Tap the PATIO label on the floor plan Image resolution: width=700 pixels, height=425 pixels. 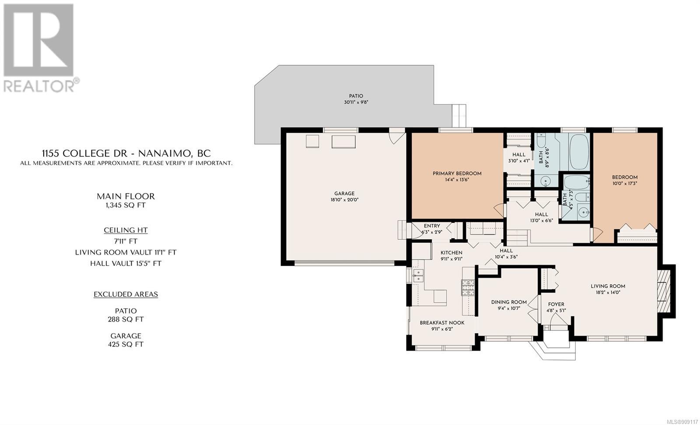click(x=356, y=96)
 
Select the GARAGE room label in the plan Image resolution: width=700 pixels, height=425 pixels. click(x=344, y=194)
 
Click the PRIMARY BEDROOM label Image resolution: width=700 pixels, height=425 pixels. click(x=457, y=174)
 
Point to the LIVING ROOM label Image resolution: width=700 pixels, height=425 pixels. click(x=608, y=286)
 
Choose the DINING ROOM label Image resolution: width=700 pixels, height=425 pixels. click(x=509, y=302)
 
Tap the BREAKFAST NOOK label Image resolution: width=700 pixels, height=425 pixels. click(x=442, y=323)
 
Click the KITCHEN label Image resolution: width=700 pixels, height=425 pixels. click(x=451, y=253)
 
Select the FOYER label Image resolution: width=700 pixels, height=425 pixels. click(x=556, y=304)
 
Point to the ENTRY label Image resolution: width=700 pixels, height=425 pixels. click(x=432, y=226)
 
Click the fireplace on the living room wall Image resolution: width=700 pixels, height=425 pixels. click(x=664, y=291)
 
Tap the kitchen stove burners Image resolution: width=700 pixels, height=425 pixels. click(x=468, y=287)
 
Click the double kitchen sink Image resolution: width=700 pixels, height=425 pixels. click(x=418, y=276)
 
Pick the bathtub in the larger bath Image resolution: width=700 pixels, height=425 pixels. click(x=579, y=152)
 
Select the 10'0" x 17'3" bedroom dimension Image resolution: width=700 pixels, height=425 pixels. click(x=625, y=184)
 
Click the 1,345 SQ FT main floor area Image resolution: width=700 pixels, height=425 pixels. click(x=126, y=205)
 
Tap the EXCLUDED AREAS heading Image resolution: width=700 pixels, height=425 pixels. click(x=126, y=294)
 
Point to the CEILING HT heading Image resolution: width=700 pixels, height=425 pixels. click(x=126, y=230)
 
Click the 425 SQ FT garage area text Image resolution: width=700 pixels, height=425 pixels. click(x=126, y=344)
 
